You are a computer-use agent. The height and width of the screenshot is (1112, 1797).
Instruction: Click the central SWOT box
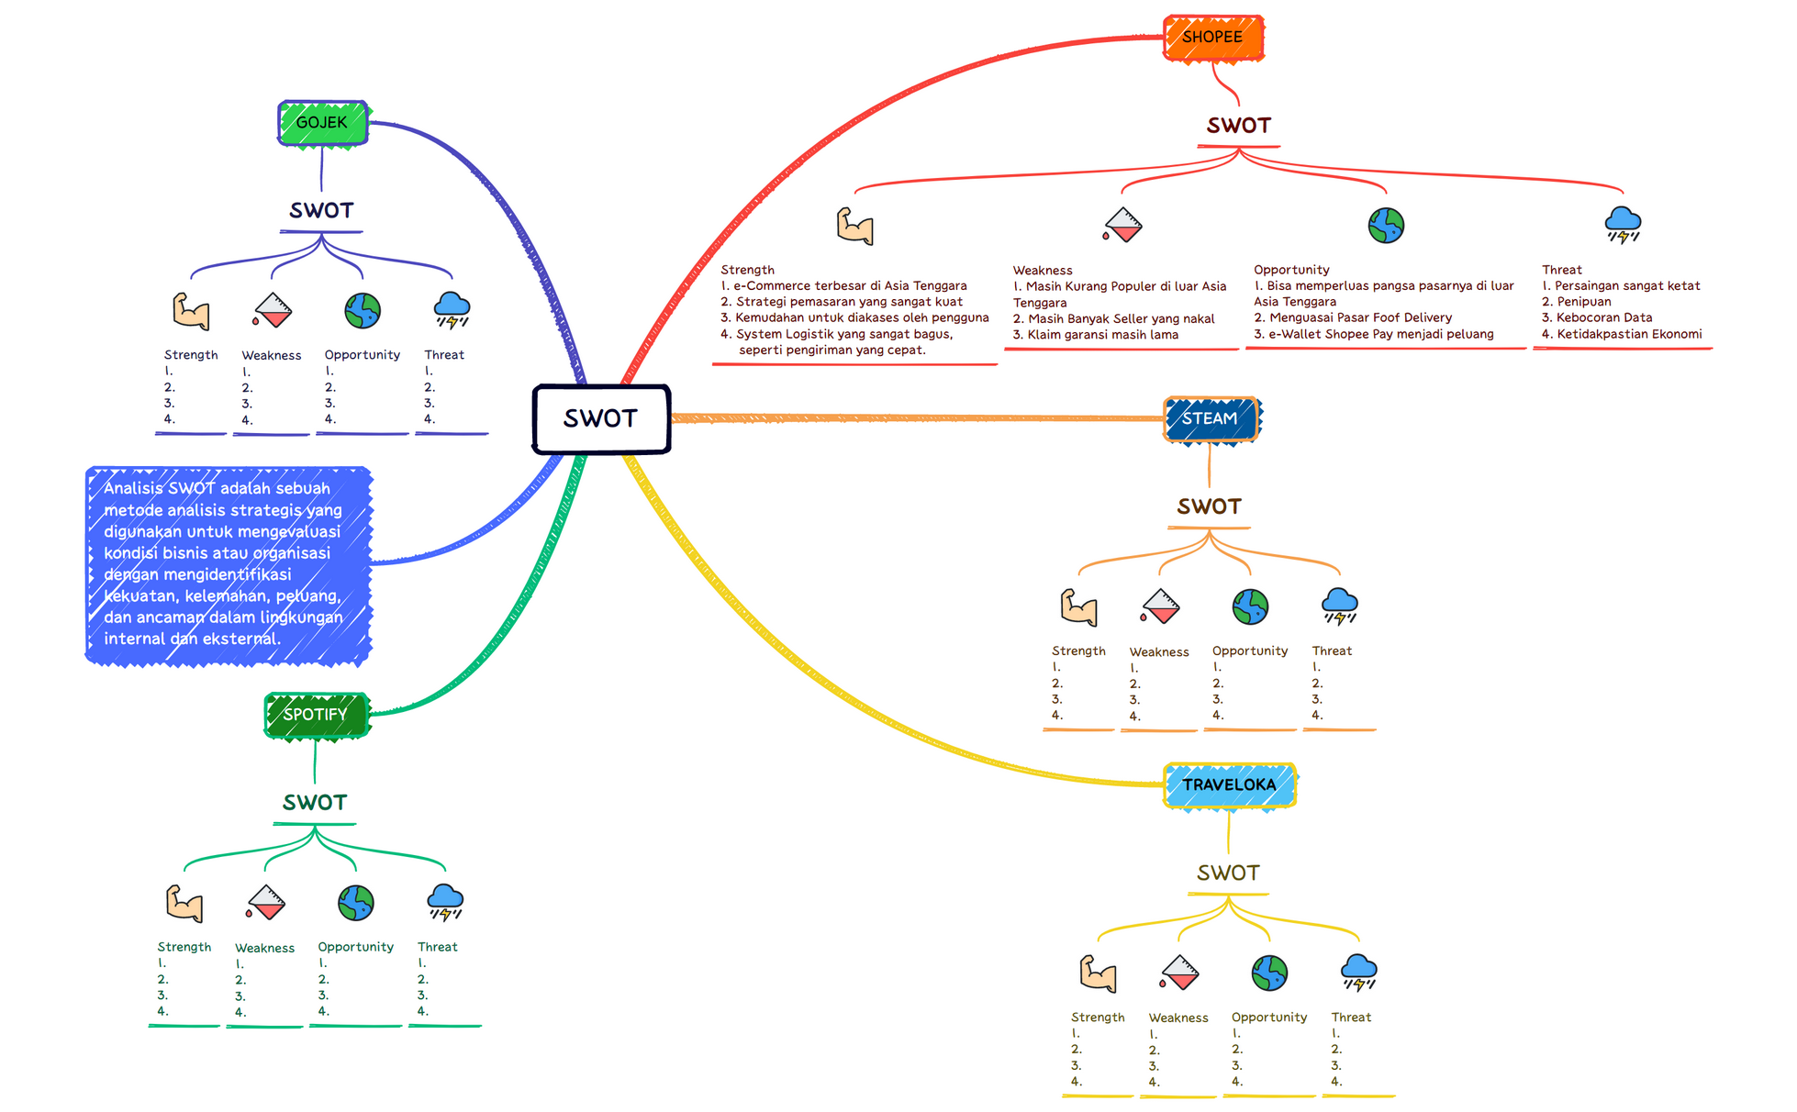click(601, 418)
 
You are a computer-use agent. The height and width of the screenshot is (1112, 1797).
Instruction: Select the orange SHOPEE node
click(1212, 38)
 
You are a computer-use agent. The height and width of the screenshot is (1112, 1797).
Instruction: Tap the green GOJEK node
click(322, 122)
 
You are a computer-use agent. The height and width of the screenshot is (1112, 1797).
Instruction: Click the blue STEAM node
click(1210, 419)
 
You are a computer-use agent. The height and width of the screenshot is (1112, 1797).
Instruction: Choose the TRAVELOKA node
click(1229, 784)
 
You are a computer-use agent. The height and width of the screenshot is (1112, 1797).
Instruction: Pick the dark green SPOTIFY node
click(316, 715)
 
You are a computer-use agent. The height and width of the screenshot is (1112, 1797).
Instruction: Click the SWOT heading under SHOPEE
click(1238, 126)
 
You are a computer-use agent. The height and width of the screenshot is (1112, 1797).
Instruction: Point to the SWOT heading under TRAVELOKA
click(1228, 873)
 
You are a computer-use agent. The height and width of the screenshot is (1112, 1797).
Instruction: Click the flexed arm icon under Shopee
click(854, 226)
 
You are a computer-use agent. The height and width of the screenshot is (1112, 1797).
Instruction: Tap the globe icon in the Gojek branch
click(363, 311)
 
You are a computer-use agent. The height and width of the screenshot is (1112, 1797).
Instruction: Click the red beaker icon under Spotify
click(266, 902)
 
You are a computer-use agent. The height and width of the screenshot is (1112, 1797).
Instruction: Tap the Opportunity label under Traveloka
click(1269, 1017)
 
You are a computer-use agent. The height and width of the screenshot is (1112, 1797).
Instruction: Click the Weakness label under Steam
click(1159, 651)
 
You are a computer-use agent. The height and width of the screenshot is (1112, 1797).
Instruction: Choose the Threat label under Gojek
click(444, 354)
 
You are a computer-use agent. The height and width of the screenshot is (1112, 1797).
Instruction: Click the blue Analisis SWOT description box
click(229, 564)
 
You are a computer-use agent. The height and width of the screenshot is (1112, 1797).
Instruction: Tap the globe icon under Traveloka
click(1269, 973)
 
